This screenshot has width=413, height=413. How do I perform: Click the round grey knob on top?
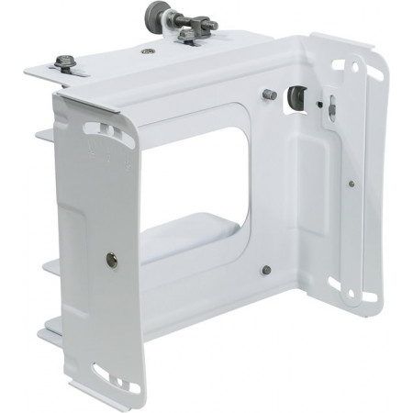click(153, 14)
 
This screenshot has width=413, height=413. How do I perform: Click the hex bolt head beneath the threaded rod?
click(187, 38)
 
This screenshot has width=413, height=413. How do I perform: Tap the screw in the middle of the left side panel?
click(111, 260)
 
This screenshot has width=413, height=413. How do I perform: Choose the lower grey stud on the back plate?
click(265, 270)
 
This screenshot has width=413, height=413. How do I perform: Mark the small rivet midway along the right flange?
click(352, 182)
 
